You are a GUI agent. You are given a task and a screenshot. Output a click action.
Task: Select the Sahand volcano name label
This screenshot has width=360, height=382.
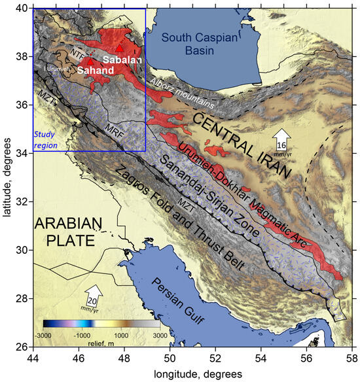point(94,69)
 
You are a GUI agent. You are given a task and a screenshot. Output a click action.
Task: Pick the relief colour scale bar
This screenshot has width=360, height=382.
point(101,323)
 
